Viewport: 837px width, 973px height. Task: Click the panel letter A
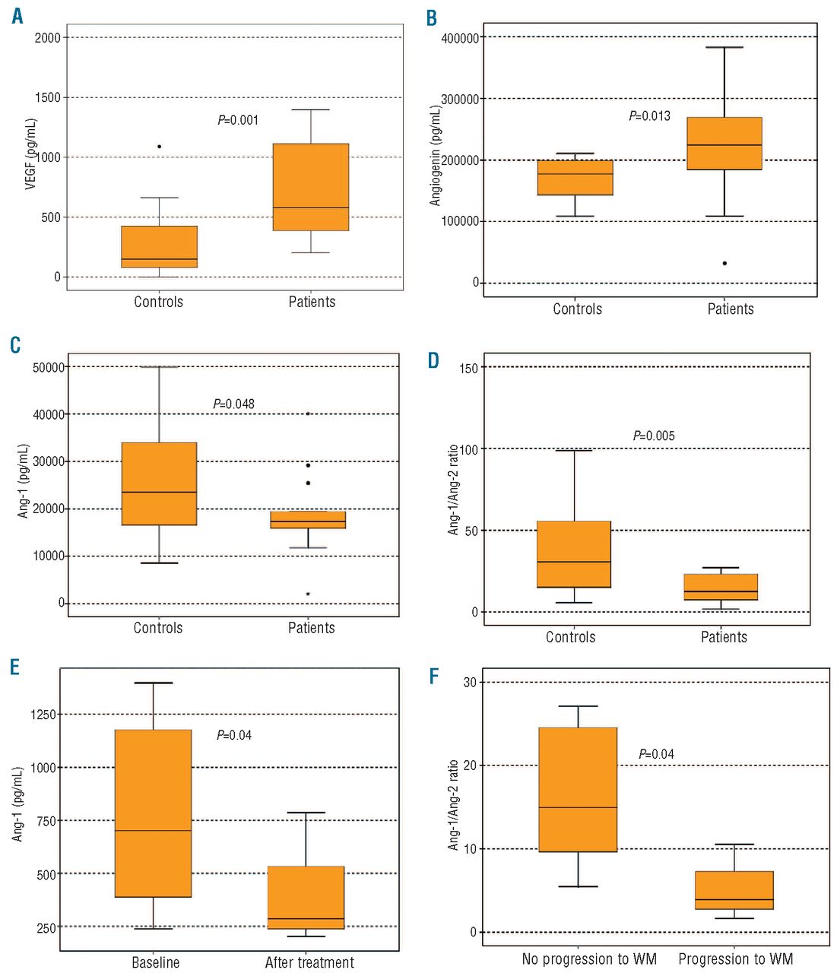click(x=17, y=16)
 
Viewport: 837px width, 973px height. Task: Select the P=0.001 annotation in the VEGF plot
click(x=238, y=120)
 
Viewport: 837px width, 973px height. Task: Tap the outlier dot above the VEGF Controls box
click(x=159, y=146)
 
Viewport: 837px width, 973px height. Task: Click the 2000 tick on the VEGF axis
click(x=47, y=38)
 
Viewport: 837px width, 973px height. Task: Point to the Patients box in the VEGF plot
click(x=311, y=187)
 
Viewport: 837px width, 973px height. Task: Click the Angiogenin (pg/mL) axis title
click(x=436, y=156)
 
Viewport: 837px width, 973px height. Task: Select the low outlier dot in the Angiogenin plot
click(x=724, y=263)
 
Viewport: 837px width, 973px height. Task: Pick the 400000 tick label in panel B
click(x=460, y=38)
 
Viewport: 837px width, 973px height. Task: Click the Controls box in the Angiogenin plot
click(x=575, y=178)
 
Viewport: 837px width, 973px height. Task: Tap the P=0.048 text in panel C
click(x=234, y=404)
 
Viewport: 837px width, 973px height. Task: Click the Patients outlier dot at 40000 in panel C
click(x=308, y=414)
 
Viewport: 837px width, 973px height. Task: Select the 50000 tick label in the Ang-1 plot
click(x=49, y=367)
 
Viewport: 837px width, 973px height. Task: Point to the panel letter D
click(x=433, y=360)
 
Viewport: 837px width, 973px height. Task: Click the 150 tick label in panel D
click(x=469, y=368)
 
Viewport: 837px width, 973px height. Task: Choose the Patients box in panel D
click(x=721, y=587)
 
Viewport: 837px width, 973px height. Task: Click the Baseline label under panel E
click(x=156, y=962)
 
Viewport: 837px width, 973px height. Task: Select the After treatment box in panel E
click(x=306, y=897)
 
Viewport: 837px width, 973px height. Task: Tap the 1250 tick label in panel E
click(x=43, y=715)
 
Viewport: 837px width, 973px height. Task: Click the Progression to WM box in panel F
click(x=734, y=890)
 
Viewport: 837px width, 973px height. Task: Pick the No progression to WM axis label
click(x=589, y=959)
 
